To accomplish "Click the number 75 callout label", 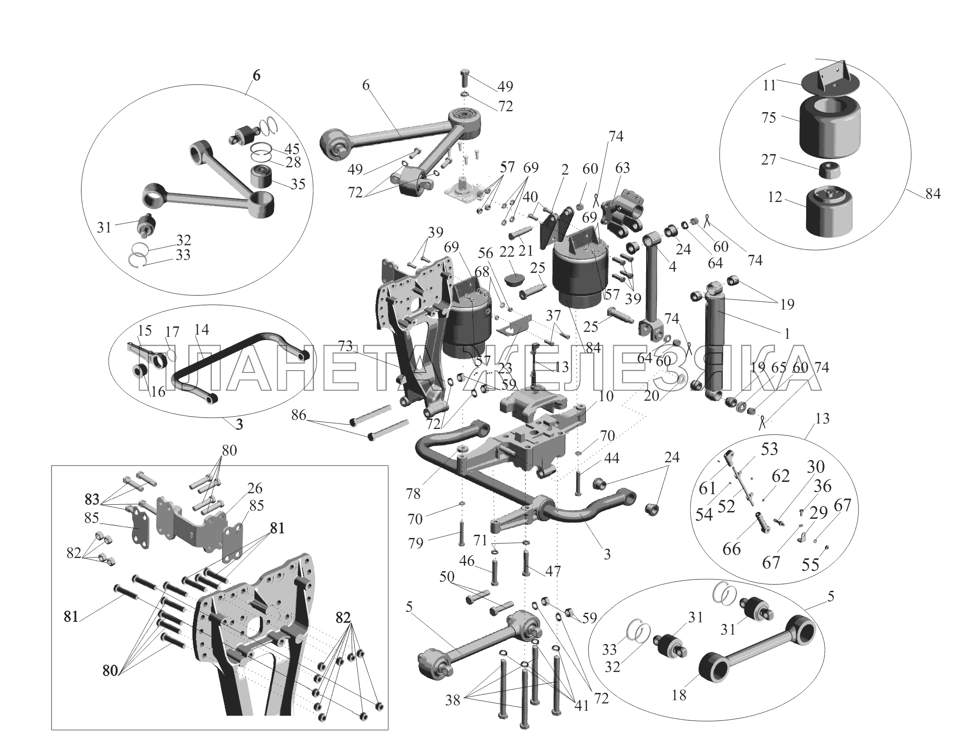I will click(x=768, y=118).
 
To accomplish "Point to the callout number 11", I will click(x=769, y=85).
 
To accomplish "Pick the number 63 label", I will click(x=622, y=168).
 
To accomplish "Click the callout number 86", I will click(x=299, y=414).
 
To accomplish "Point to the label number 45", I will click(x=291, y=149).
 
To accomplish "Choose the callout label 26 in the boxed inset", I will click(x=255, y=488).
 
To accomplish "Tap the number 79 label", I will click(x=415, y=542).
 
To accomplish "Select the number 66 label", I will click(x=732, y=549).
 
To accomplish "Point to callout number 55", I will click(x=811, y=565).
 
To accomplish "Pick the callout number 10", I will click(x=606, y=395).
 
